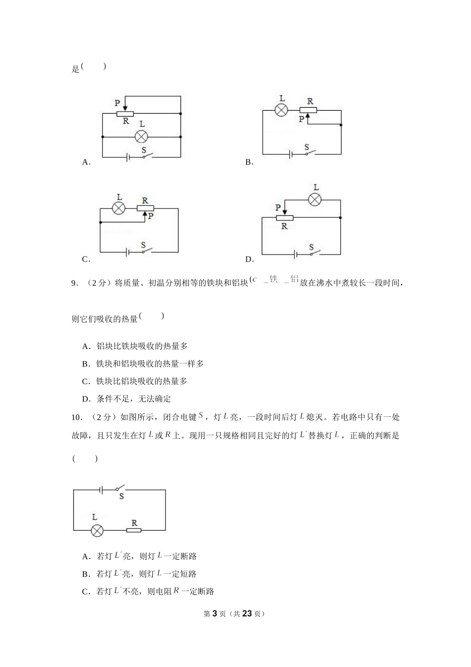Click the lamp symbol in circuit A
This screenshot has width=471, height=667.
tap(142, 136)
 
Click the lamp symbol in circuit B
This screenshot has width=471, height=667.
tap(282, 110)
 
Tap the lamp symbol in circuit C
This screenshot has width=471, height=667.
tap(118, 208)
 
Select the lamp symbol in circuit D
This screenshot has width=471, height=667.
tap(315, 200)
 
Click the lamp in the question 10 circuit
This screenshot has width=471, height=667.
tap(97, 531)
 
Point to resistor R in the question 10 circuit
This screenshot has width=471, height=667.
tap(134, 531)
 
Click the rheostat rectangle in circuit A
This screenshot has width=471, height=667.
tap(125, 114)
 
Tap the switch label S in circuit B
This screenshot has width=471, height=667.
tap(306, 147)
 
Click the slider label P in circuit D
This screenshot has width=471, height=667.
tap(278, 208)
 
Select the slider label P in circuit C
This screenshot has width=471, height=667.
tap(151, 216)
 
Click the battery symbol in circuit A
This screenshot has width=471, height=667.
tap(128, 157)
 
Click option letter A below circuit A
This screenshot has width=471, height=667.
tap(85, 162)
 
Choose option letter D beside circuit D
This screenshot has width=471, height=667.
tap(248, 259)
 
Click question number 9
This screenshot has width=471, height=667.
tap(74, 283)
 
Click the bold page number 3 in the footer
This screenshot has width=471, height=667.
tap(215, 613)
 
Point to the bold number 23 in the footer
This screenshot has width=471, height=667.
tap(247, 613)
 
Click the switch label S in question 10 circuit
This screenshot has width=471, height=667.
tap(121, 496)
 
